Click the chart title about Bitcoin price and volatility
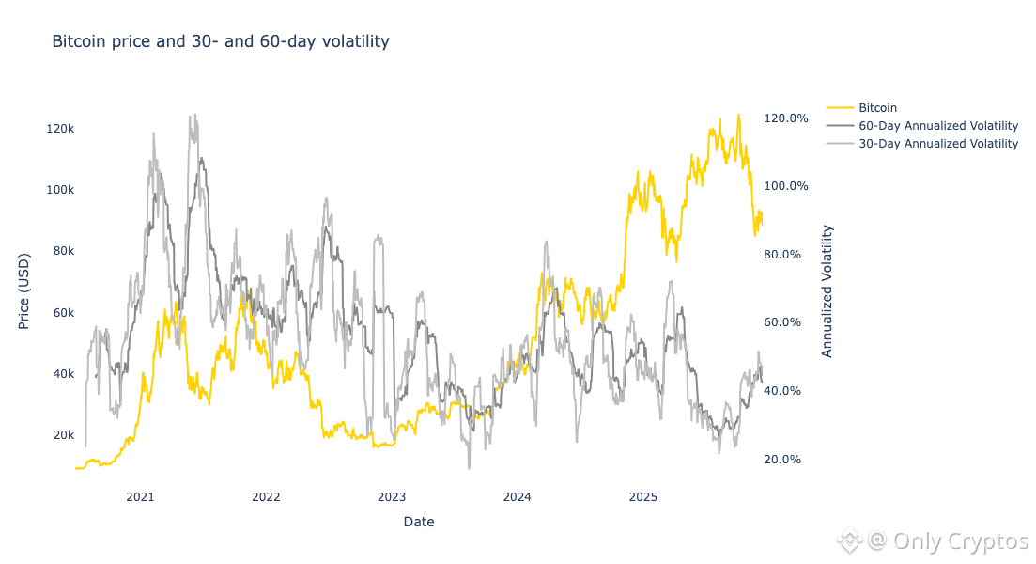219,42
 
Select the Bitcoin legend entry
877,108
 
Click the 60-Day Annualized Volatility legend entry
938,126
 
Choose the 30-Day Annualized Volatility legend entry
938,144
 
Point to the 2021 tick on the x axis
140,494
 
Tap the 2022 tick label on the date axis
266,494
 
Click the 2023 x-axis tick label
391,494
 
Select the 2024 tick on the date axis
517,494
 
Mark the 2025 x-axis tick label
642,494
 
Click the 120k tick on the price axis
58,128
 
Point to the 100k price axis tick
58,189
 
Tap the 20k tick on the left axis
61,435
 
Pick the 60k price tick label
61,312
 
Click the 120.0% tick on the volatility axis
787,118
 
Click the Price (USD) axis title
23,290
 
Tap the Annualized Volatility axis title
827,290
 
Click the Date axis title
419,521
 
